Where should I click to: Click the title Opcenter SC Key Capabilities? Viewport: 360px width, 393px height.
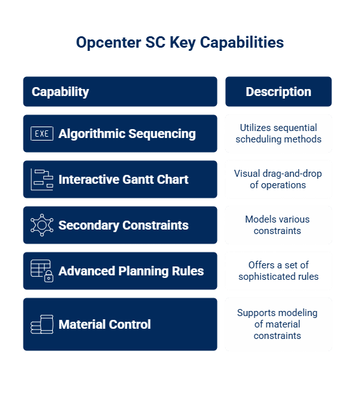point(180,43)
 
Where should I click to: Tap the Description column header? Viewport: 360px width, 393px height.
point(279,92)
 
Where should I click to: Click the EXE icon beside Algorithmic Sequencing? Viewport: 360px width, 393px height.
point(42,134)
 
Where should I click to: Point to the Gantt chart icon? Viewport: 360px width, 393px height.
point(42,179)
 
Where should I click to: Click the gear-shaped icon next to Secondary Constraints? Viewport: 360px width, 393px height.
point(42,225)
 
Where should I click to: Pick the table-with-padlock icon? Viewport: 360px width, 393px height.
point(42,271)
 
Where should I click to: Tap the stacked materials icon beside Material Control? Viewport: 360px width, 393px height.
point(42,324)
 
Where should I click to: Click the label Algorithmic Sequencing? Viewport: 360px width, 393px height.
point(127,134)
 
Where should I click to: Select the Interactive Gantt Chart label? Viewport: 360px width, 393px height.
point(123,179)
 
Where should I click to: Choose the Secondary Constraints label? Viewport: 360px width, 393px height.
point(123,225)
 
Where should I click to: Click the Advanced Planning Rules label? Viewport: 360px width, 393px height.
point(131,271)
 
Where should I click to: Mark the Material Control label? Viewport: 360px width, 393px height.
point(104,324)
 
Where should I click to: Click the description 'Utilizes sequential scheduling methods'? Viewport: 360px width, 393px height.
point(279,134)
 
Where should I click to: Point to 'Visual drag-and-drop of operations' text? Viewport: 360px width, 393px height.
point(278,179)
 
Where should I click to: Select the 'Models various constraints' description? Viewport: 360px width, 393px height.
point(277,225)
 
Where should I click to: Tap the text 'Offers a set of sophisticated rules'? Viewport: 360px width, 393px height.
point(279,271)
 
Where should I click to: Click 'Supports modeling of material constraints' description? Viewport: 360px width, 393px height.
point(277,324)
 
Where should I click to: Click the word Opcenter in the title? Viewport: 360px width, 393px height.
point(109,43)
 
